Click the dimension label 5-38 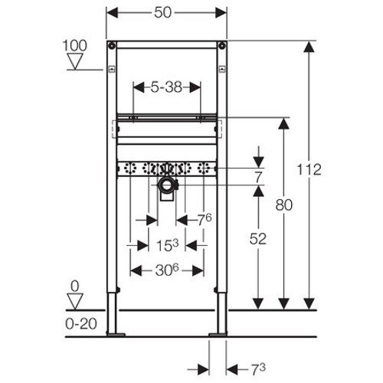[166, 87]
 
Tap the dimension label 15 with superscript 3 [167, 247]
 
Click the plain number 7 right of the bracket [259, 176]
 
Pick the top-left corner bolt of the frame [112, 44]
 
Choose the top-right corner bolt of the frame [222, 44]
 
